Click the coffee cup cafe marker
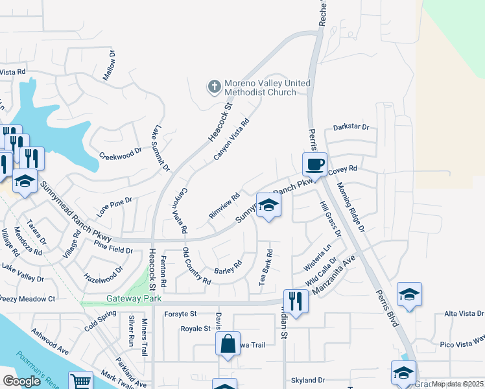click(x=315, y=164)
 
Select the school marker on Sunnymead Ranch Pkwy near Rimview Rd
click(x=268, y=206)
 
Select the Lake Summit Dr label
click(x=161, y=148)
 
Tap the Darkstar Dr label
click(x=351, y=128)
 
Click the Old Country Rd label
click(x=196, y=266)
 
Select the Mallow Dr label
click(x=110, y=65)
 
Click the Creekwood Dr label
click(x=120, y=153)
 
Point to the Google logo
click(x=22, y=381)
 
